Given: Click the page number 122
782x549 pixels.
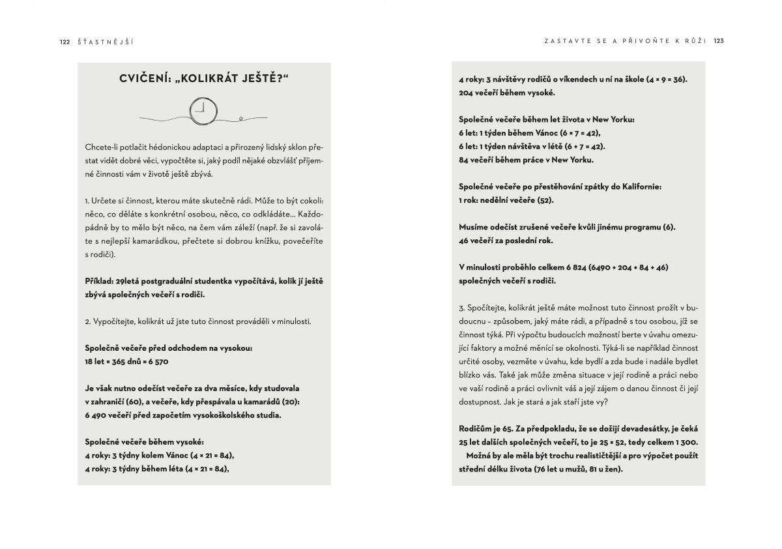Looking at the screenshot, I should [x=65, y=40].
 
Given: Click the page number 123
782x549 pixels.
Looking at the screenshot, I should [x=719, y=40].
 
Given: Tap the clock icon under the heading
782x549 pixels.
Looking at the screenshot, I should [x=204, y=110].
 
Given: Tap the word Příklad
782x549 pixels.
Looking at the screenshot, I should [x=98, y=281].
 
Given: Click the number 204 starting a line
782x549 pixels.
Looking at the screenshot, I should [x=467, y=93].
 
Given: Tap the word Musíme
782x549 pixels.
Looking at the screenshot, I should [x=475, y=227].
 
